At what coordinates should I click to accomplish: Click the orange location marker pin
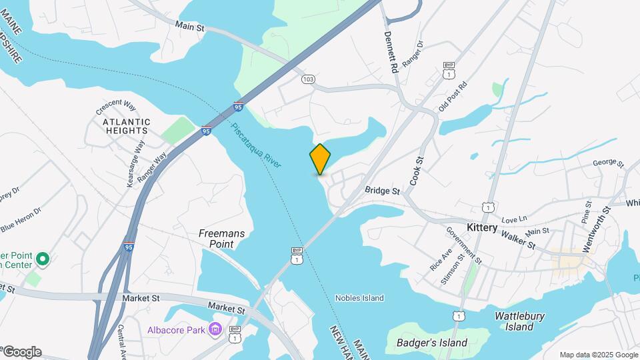320,159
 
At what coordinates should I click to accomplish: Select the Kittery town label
482,227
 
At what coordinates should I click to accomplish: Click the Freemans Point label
221,239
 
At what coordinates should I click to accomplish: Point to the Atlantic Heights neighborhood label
127,127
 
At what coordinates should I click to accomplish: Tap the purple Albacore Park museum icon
215,329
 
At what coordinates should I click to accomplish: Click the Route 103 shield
307,79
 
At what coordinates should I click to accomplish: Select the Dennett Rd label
391,52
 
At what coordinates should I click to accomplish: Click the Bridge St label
382,191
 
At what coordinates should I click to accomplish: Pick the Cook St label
416,171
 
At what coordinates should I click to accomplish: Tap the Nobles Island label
359,298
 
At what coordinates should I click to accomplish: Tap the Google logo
21,352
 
